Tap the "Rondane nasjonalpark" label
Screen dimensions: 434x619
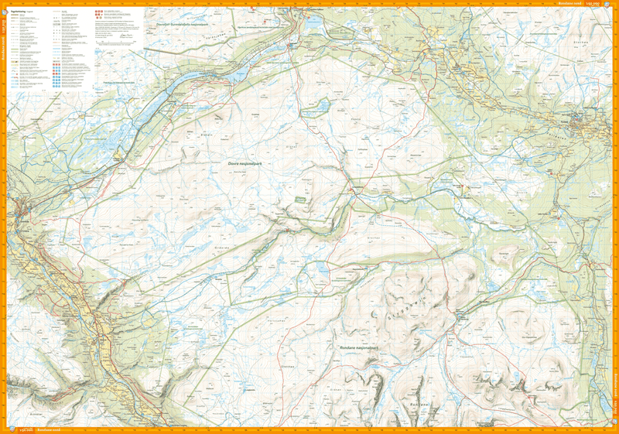click(x=357, y=349)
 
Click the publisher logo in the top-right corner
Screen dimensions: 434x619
click(x=614, y=5)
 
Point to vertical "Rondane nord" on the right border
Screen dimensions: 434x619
click(x=615, y=387)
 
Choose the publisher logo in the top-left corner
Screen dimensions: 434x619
click(x=5, y=5)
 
